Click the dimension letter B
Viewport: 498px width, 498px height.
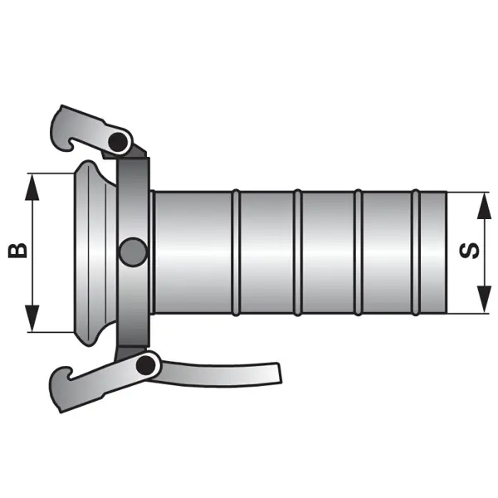[x=17, y=251]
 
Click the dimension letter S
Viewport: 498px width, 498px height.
[x=470, y=251]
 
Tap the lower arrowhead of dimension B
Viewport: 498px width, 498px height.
[x=32, y=319]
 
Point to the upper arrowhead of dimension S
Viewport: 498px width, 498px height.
[x=485, y=206]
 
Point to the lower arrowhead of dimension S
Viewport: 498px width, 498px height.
[x=485, y=300]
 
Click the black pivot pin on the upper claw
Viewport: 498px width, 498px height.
[x=117, y=141]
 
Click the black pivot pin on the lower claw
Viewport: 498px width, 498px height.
[x=145, y=365]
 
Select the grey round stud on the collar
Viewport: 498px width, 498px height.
[x=134, y=251]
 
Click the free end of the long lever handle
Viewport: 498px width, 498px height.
[x=279, y=373]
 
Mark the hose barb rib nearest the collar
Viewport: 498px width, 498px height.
[x=236, y=252]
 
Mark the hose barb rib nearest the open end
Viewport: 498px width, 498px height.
[x=416, y=252]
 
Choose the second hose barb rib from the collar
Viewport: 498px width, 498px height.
[x=297, y=252]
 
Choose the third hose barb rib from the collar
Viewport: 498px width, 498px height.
[x=358, y=252]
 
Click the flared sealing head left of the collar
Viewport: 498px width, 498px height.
[x=94, y=252]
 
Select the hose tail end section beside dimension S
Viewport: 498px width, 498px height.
[x=434, y=252]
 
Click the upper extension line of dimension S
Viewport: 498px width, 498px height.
[x=468, y=193]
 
